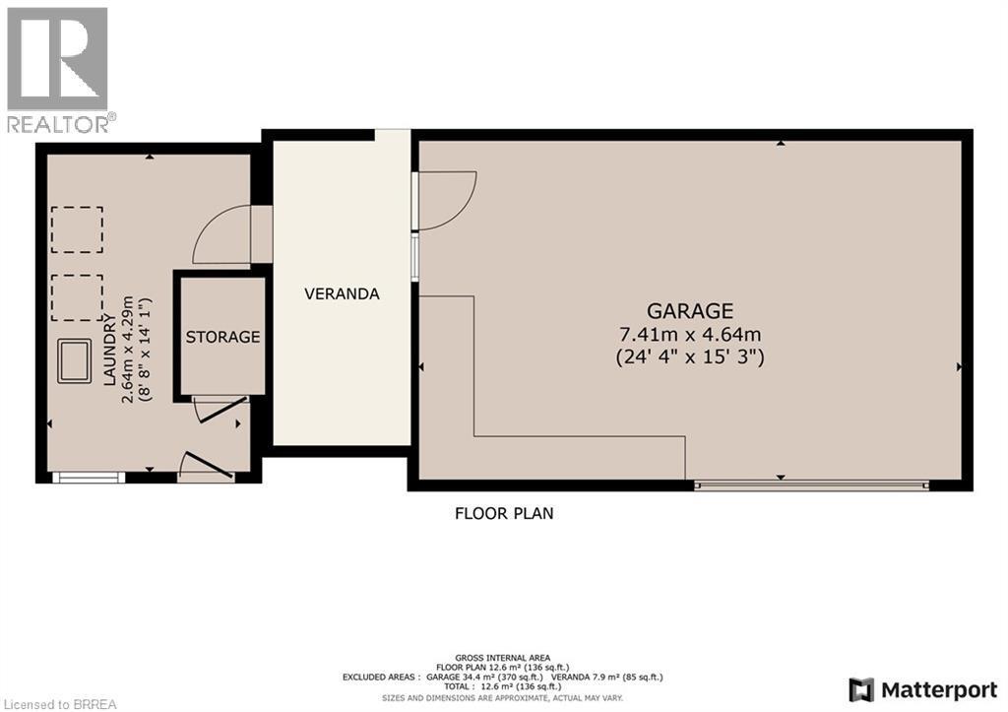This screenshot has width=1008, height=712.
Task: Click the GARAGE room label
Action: point(690,311)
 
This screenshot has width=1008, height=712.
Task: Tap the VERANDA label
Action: point(342,293)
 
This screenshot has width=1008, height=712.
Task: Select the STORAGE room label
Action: point(223,337)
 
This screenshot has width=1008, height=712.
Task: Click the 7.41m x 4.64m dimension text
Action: point(690,335)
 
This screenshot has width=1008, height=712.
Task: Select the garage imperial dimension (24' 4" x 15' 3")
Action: point(690,356)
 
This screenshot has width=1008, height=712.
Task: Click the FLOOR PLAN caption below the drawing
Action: point(504,513)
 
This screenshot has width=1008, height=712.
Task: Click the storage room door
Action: point(219,408)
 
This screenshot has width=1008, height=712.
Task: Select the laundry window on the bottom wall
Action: point(89,479)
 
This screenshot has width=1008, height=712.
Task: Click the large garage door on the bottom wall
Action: point(811,485)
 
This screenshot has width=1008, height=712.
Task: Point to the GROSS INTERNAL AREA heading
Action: point(503,657)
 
